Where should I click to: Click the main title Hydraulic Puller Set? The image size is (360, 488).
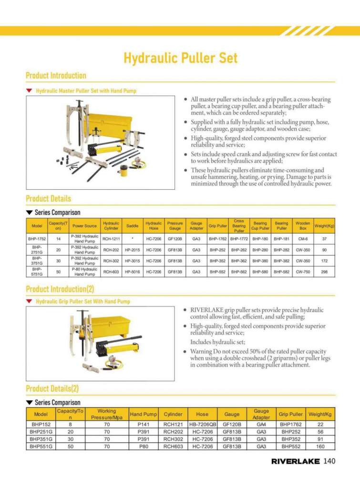point(180,58)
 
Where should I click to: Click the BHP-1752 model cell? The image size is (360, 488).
point(37,238)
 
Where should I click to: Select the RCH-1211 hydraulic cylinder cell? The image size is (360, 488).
point(111,238)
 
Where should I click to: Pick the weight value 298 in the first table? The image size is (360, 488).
point(324,271)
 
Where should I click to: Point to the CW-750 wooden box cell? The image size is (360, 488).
point(303,271)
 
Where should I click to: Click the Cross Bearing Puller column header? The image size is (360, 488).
point(239,226)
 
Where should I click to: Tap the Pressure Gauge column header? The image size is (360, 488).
point(175,225)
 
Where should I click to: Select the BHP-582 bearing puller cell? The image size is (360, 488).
point(281,271)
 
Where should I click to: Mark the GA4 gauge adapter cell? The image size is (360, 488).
point(261,424)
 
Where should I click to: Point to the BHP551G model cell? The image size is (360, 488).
point(41,447)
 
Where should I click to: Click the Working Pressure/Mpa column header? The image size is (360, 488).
point(106,414)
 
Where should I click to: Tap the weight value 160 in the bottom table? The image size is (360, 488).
point(320,447)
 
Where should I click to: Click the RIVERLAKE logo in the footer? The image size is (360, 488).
point(296,461)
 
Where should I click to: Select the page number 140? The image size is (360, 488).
point(330,461)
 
